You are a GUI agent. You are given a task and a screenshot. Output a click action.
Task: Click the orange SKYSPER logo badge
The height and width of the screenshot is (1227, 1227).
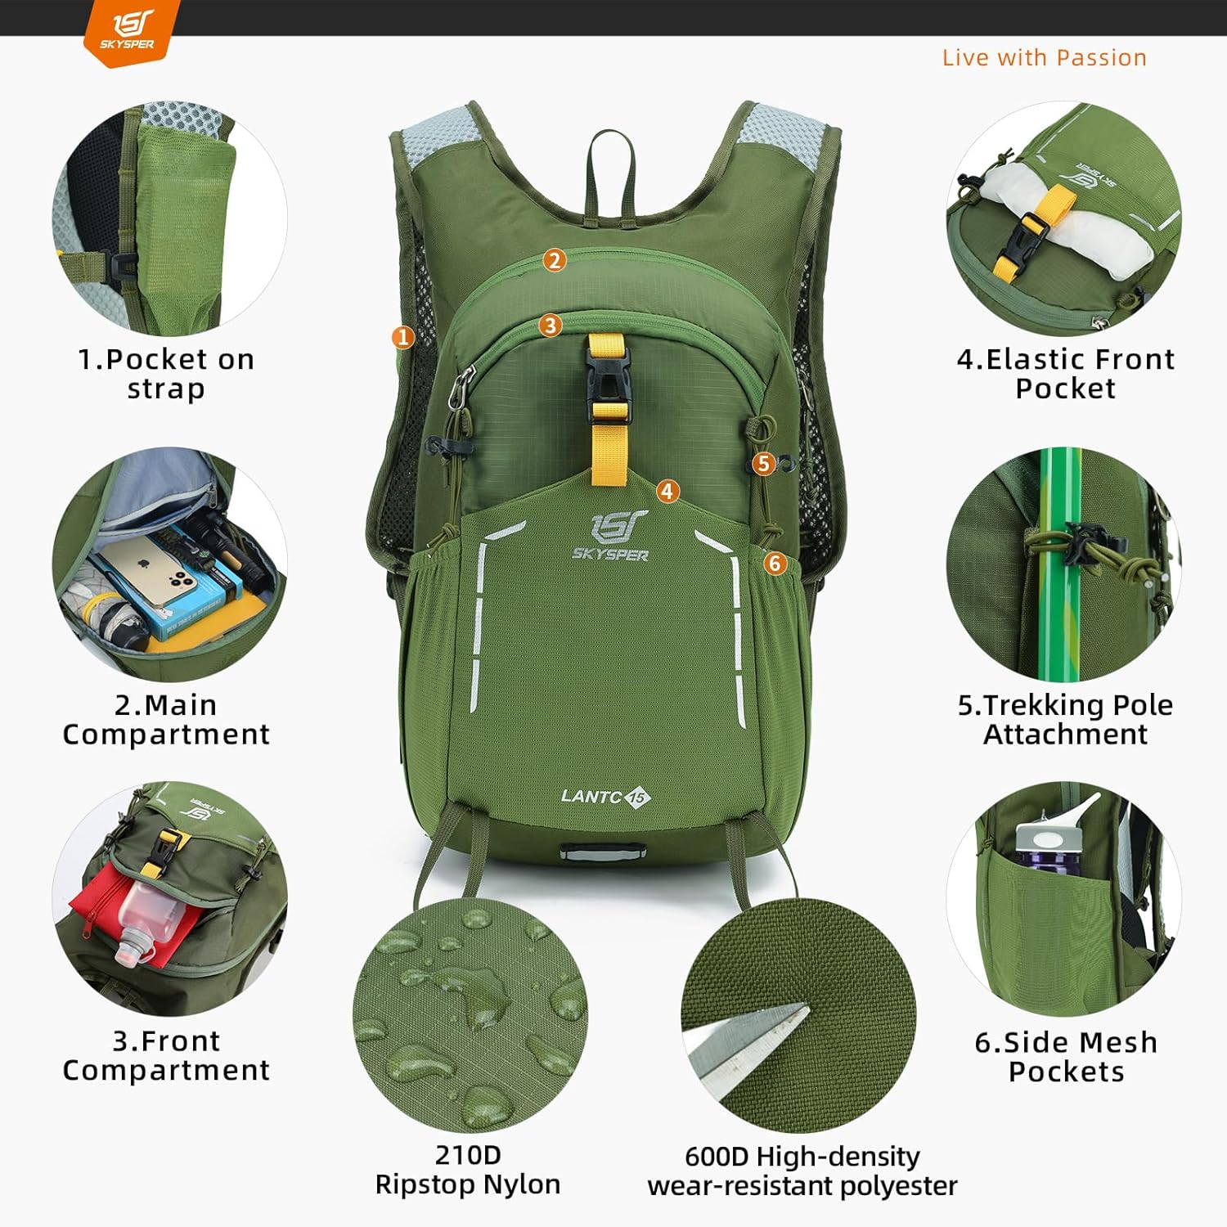(130, 33)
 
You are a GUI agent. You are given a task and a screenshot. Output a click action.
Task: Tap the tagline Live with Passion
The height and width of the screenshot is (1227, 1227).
(1045, 57)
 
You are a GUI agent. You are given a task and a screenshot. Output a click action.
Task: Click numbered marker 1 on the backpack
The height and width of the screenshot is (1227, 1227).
(402, 337)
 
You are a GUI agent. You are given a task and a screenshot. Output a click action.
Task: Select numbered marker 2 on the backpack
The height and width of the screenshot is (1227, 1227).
(555, 260)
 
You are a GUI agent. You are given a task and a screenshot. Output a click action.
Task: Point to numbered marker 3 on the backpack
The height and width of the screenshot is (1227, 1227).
(551, 326)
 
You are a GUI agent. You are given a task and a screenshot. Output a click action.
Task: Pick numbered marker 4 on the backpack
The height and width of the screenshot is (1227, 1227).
(668, 491)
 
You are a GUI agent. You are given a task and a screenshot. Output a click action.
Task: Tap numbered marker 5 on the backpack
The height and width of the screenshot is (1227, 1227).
(764, 464)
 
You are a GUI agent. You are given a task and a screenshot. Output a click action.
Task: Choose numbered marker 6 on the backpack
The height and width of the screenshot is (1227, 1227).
(775, 563)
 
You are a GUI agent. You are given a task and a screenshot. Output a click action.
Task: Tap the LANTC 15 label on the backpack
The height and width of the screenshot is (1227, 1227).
(606, 796)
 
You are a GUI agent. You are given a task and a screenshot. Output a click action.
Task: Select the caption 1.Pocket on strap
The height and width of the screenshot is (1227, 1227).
(166, 374)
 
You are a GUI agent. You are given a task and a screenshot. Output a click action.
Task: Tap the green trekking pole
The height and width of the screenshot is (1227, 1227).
(1060, 564)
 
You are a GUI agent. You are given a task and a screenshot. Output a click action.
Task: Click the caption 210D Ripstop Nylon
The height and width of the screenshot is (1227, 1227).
(468, 1170)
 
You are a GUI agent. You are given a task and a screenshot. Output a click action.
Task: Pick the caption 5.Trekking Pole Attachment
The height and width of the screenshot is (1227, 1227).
(1065, 719)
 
